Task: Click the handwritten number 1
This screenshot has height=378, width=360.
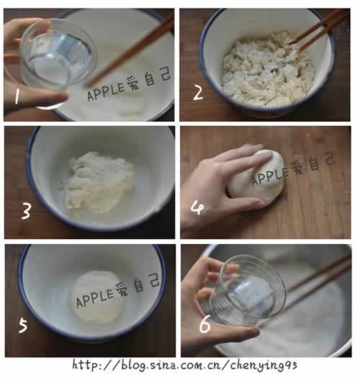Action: coord(17,96)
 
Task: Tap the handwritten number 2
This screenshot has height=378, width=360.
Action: coord(198,92)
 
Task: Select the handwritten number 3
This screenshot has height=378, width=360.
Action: coord(26,212)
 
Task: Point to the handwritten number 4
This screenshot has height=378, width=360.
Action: coord(197,208)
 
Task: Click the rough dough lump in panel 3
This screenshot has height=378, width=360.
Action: coord(99,183)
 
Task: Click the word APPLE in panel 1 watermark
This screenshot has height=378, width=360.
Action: coord(106,91)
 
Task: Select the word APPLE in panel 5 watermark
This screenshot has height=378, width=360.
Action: coord(94,298)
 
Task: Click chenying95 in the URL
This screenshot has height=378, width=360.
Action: coord(264,366)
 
